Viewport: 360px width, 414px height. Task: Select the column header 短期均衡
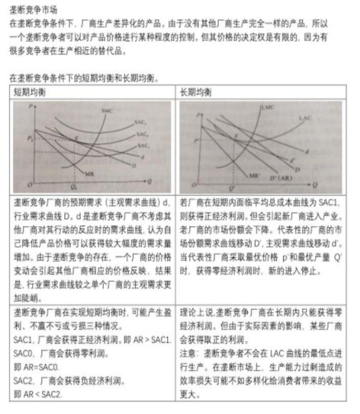(x=30, y=92)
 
